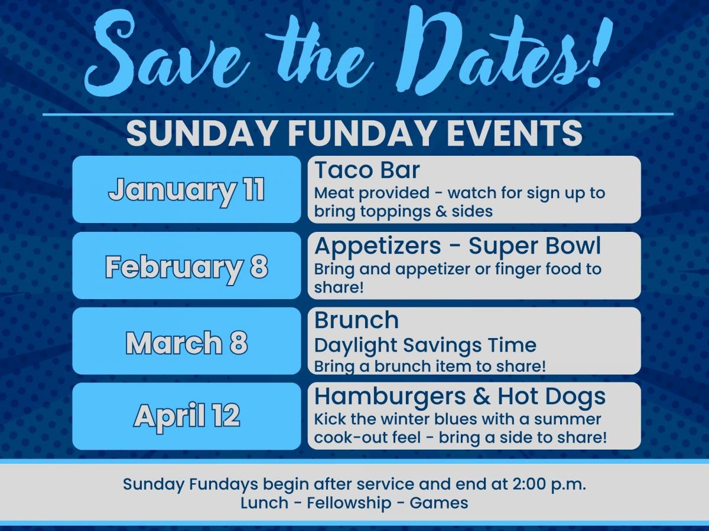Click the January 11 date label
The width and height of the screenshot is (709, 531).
click(186, 191)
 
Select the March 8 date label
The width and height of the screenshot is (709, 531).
click(186, 343)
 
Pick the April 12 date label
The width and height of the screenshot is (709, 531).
click(186, 417)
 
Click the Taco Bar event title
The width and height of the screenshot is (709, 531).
click(367, 170)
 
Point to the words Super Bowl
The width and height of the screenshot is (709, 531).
click(535, 246)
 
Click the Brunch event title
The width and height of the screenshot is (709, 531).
click(356, 320)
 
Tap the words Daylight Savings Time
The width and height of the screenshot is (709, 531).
click(425, 346)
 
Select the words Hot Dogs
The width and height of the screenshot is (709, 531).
click(552, 397)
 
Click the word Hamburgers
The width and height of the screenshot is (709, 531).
click(390, 397)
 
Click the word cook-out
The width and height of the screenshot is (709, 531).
click(367, 438)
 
